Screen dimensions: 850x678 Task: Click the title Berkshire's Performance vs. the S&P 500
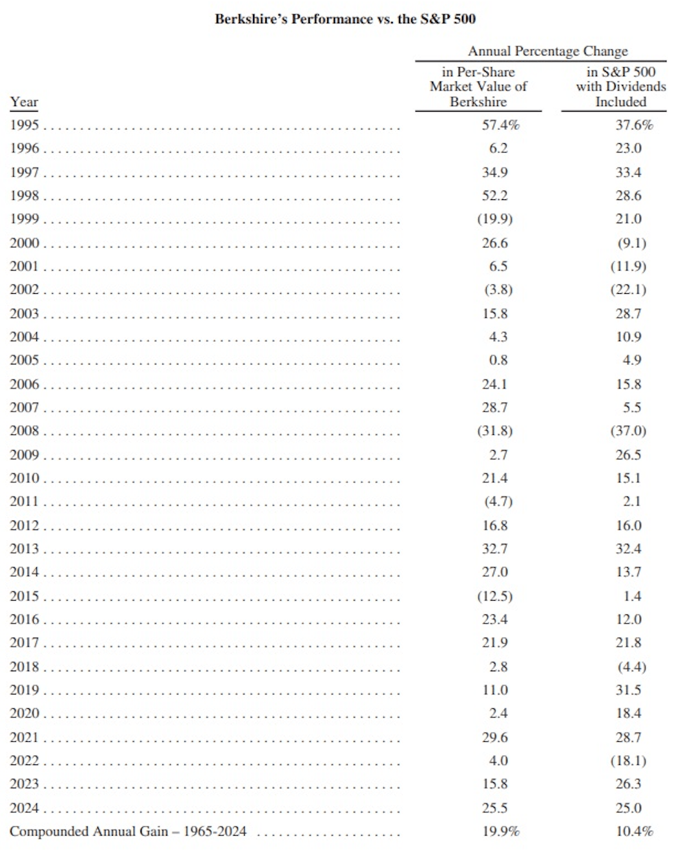tap(345, 18)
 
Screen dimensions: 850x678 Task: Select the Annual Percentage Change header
tap(547, 51)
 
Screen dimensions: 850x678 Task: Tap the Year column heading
tap(24, 102)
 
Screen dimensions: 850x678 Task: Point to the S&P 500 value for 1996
tap(628, 148)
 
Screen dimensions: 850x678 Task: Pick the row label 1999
tap(25, 219)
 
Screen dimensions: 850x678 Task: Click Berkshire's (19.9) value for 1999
tap(495, 219)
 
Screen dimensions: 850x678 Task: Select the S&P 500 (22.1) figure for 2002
tap(628, 290)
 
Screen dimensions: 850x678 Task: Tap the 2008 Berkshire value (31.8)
tap(495, 431)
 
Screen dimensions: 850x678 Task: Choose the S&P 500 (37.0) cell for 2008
tap(628, 431)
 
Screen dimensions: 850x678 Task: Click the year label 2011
tap(25, 501)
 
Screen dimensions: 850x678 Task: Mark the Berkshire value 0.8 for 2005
tap(495, 360)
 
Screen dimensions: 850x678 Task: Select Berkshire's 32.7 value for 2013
tap(495, 549)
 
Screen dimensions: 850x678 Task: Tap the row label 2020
tap(25, 714)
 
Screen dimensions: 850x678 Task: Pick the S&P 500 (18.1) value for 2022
tap(628, 760)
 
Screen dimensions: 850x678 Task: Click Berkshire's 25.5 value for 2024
tap(495, 808)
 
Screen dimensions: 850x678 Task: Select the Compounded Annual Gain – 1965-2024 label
tap(128, 832)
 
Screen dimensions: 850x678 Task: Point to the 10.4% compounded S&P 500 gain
tap(633, 832)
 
